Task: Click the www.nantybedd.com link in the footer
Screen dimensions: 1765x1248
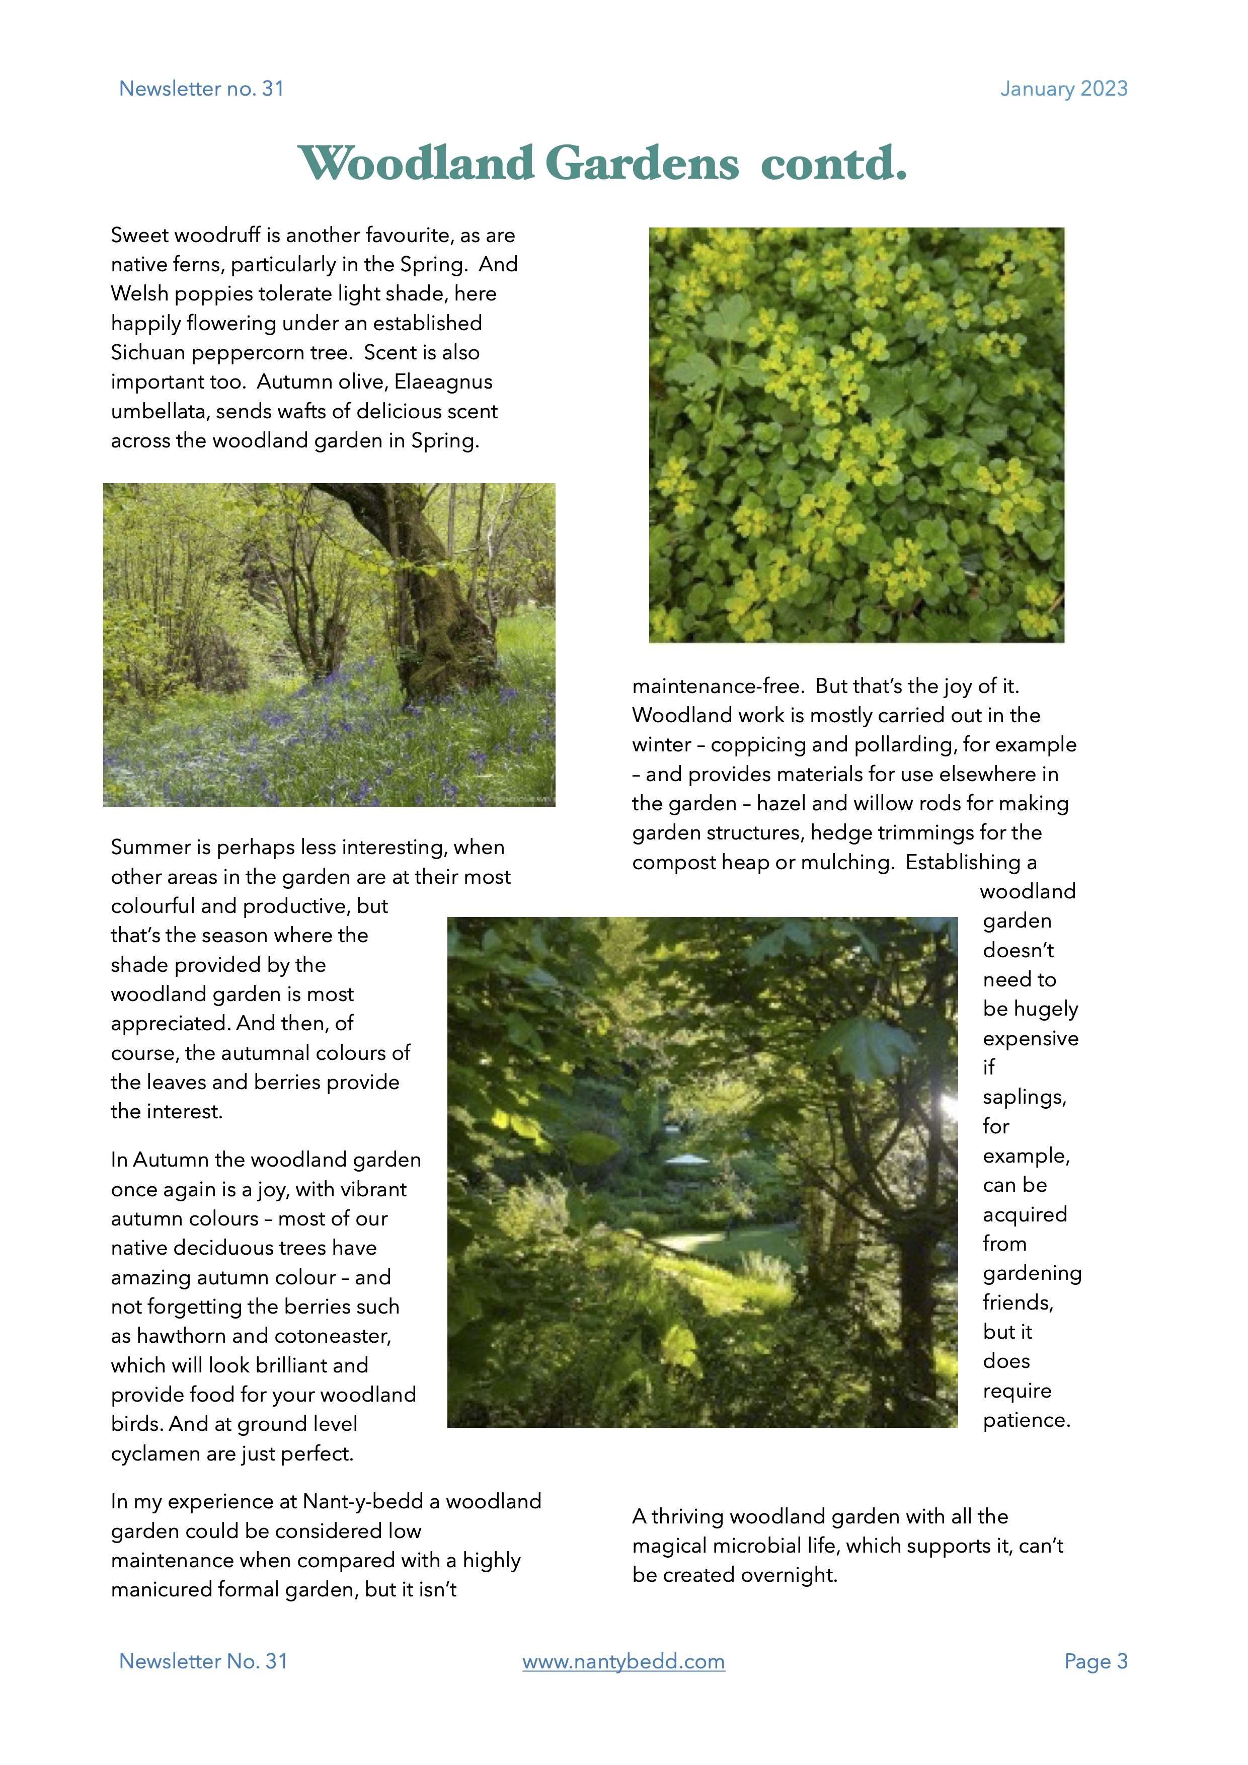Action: pos(623,1661)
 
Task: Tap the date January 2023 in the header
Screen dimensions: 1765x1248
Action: pos(1063,89)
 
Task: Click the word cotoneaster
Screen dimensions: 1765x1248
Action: pos(333,1336)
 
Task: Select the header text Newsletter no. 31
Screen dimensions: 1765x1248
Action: pos(201,89)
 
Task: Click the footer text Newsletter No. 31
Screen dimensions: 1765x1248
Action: pos(203,1661)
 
